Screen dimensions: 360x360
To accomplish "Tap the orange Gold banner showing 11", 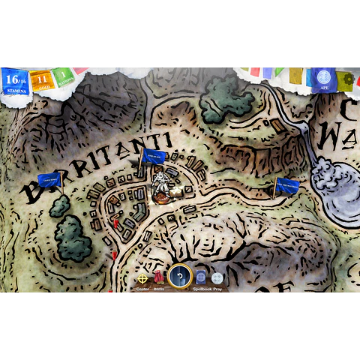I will [41, 79].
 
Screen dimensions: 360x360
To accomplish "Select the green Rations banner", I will [64, 76].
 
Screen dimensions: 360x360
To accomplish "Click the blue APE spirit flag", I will [323, 79].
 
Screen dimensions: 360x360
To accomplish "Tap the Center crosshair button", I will [142, 278].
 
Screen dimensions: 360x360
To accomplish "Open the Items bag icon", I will [159, 278].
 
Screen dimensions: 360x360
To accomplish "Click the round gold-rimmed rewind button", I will [180, 277].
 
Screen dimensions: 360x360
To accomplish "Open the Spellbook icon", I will [201, 278].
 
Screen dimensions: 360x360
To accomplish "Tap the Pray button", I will [217, 278].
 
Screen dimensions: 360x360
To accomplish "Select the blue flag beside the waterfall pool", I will [286, 185].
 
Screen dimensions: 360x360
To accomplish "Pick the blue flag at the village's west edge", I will [49, 180].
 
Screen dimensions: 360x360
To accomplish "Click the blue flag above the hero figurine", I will [154, 157].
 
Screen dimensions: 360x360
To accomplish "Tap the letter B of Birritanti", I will [33, 192].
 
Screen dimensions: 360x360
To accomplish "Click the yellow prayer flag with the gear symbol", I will [344, 80].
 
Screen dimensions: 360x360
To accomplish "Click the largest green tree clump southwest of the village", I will [73, 236].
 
